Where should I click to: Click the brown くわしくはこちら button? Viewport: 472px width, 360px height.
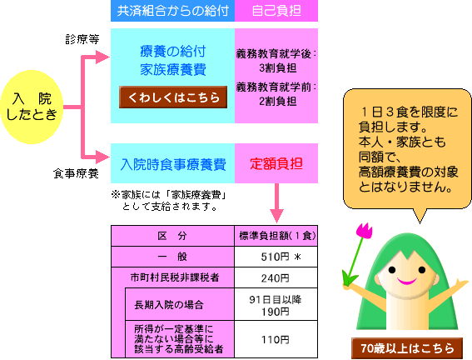point(173,97)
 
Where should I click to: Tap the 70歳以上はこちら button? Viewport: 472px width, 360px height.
point(407,348)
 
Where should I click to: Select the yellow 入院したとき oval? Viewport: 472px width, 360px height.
point(32,107)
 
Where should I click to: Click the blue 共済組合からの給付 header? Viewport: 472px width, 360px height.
point(173,11)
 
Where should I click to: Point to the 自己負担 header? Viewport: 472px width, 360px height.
point(276,11)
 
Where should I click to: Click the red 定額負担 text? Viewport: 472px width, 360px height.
point(276,164)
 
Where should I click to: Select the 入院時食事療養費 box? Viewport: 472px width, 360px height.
point(173,163)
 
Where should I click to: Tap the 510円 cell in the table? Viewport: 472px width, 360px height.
point(276,257)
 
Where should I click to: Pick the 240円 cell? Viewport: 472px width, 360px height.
point(276,277)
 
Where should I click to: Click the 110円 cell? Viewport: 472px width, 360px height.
point(276,339)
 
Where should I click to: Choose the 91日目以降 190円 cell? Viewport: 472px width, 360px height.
point(276,304)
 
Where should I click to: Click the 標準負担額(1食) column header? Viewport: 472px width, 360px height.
point(276,236)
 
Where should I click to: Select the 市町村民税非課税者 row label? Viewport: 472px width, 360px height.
point(175,277)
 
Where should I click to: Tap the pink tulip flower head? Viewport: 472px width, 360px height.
point(365,231)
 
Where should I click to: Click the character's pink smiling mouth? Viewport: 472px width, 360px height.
point(407,282)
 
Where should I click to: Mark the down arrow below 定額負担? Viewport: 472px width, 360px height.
point(276,203)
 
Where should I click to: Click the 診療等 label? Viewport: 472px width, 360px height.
point(82,39)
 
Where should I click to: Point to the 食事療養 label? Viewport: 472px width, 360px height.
point(76,173)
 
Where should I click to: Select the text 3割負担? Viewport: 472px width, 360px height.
point(277,68)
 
